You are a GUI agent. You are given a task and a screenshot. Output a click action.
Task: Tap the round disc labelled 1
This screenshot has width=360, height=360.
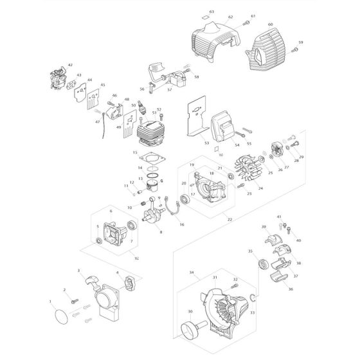coord(58,318)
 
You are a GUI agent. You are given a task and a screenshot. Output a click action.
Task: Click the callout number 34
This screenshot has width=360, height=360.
coord(192,273)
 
